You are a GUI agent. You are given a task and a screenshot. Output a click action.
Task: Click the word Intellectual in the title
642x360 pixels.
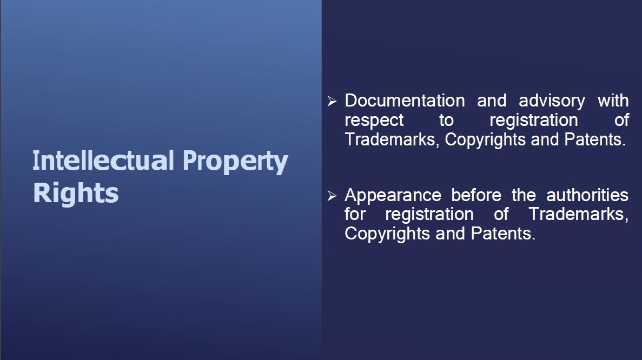[104, 161]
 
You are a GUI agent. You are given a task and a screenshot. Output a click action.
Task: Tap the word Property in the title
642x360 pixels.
[235, 162]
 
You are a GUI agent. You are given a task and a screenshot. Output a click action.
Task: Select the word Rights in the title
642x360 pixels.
[76, 192]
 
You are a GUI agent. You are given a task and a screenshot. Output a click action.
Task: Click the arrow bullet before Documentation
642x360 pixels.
[332, 101]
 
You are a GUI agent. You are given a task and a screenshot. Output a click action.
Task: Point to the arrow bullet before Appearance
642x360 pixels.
[332, 196]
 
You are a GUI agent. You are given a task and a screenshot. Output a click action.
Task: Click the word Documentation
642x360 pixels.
[405, 101]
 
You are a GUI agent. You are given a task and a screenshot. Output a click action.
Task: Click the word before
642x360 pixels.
[476, 195]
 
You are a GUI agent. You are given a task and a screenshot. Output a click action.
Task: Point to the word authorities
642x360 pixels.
[587, 195]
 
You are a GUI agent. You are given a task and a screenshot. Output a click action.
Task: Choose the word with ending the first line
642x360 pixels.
[613, 101]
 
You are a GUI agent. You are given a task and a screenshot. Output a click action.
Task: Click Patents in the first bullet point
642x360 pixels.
[595, 140]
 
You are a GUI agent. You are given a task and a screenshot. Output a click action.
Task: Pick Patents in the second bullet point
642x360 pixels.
[503, 234]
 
